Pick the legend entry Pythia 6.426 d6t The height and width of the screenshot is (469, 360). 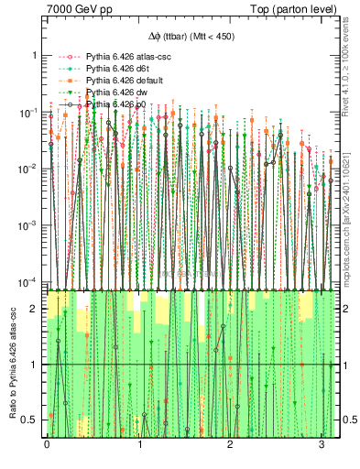coord(110,69)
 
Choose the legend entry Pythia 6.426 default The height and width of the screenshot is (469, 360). coord(116,81)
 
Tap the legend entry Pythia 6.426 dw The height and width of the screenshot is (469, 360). coord(109,93)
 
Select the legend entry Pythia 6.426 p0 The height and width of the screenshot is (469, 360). coord(109,104)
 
